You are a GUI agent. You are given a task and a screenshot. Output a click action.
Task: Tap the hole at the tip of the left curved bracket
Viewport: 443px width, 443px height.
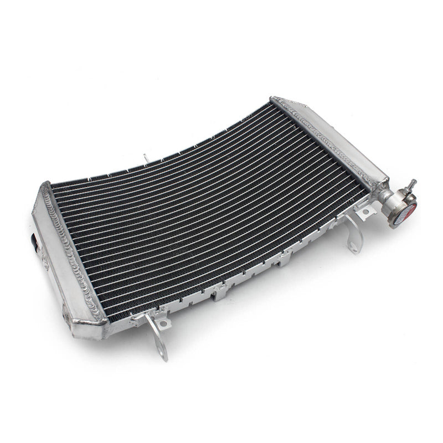(161, 351)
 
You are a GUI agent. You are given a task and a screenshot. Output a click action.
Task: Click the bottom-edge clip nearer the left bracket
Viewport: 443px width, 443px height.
(220, 291)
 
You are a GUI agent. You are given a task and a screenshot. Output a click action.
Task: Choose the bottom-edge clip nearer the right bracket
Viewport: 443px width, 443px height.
(285, 257)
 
